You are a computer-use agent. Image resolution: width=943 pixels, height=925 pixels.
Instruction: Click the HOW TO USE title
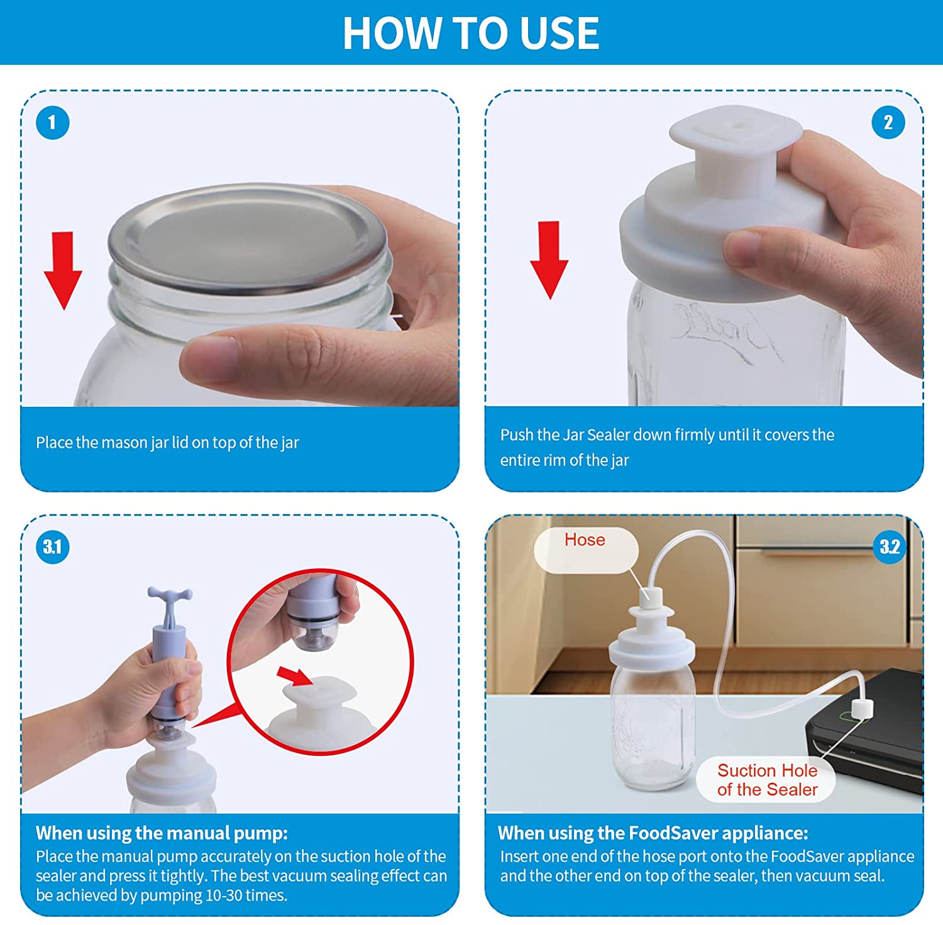point(471,33)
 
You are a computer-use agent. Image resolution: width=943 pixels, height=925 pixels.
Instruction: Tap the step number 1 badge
point(53,123)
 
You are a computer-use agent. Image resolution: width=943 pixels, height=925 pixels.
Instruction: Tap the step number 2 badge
point(888,123)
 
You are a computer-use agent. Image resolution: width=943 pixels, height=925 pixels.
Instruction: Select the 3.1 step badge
point(53,547)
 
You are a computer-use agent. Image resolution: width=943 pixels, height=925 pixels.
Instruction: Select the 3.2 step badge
point(890,547)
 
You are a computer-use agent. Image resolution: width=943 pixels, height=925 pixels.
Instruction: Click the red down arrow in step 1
point(63,270)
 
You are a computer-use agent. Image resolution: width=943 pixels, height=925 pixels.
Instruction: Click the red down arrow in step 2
point(549,260)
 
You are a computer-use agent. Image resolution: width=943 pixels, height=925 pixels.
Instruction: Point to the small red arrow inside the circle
point(295,677)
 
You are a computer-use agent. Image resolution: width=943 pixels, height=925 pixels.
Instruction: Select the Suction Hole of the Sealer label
point(767,780)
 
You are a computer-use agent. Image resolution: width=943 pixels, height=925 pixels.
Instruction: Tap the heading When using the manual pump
point(162,833)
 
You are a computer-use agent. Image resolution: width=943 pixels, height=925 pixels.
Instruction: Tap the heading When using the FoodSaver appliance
point(653,833)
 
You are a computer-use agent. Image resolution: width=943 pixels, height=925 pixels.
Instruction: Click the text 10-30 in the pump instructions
point(224,895)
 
